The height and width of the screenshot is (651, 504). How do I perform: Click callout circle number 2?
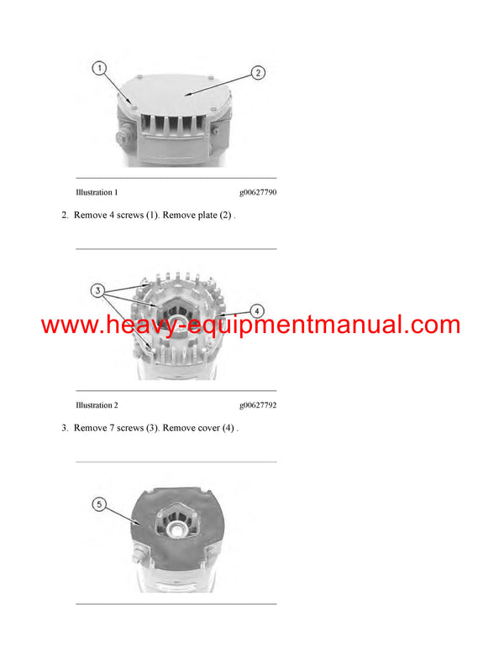click(x=258, y=73)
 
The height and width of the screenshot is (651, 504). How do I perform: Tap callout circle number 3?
click(x=100, y=291)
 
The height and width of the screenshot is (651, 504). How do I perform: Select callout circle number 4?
click(x=258, y=310)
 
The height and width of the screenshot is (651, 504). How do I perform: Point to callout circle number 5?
click(x=100, y=504)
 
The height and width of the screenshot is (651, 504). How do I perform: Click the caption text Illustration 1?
click(x=97, y=192)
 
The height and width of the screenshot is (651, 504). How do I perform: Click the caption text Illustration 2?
click(x=97, y=405)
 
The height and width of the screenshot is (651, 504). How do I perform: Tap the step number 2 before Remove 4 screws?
click(x=64, y=216)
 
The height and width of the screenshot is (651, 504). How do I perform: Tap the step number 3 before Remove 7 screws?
click(x=64, y=428)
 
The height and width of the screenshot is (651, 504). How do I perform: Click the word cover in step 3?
click(x=208, y=428)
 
